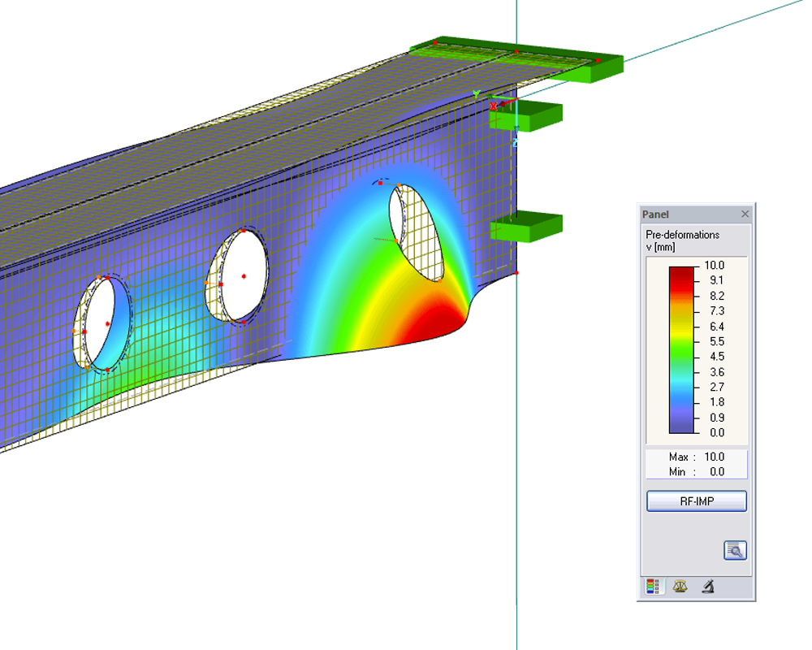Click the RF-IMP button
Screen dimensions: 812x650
click(x=697, y=501)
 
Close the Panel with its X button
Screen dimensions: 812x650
click(x=745, y=214)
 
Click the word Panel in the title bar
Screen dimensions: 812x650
click(x=655, y=214)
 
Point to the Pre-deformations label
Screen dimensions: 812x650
click(x=683, y=235)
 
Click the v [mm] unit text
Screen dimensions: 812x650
click(x=660, y=247)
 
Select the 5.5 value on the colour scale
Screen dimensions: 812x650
click(x=717, y=341)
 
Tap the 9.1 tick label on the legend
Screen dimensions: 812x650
click(x=717, y=280)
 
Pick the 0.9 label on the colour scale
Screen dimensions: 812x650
click(x=717, y=418)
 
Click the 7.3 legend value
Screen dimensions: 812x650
click(x=717, y=311)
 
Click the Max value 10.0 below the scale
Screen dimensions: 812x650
click(x=714, y=457)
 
